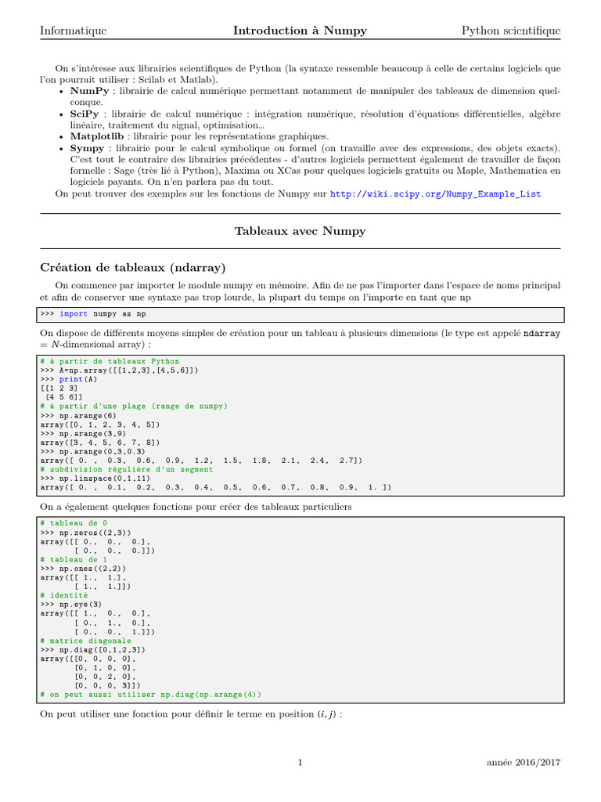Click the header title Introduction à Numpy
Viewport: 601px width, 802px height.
click(300, 31)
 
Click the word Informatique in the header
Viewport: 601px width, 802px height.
click(74, 31)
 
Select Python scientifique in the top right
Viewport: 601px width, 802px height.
click(510, 31)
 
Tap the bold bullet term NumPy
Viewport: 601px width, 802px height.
click(89, 91)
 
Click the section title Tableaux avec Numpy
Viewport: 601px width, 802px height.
click(300, 231)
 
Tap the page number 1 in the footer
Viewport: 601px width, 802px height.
click(300, 762)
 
